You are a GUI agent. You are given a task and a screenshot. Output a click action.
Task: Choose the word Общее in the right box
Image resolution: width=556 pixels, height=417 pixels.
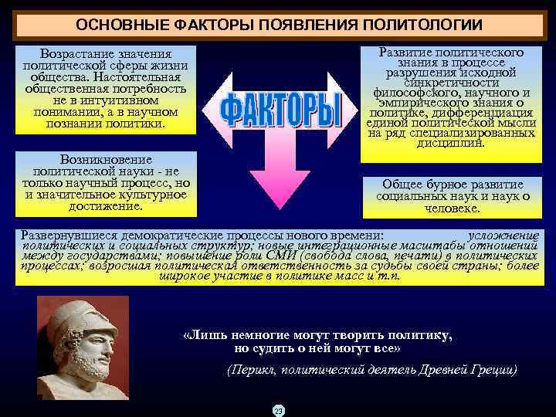[x=402, y=185]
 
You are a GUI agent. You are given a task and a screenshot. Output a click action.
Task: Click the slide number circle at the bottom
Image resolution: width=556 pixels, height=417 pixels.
[x=278, y=410]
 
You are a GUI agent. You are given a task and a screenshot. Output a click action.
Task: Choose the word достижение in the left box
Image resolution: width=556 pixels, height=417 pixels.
[x=105, y=206]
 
